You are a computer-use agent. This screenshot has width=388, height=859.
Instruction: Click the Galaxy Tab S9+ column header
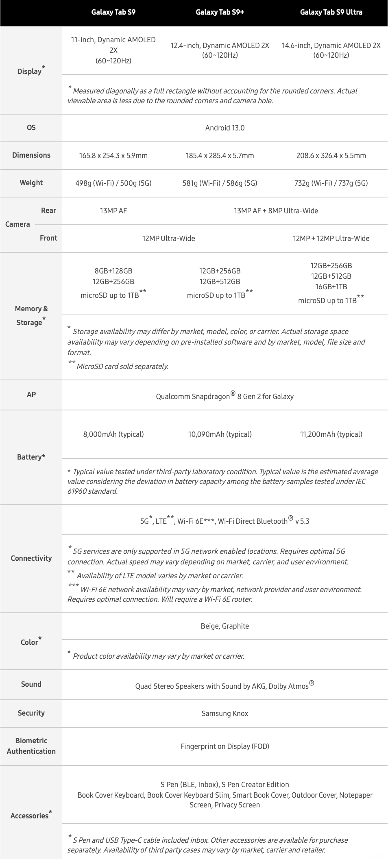[x=220, y=12]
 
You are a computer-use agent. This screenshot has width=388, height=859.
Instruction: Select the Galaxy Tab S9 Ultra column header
[x=331, y=12]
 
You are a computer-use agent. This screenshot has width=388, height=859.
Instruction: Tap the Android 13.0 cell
[x=225, y=128]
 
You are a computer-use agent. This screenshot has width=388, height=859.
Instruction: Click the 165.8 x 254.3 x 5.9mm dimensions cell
[x=113, y=156]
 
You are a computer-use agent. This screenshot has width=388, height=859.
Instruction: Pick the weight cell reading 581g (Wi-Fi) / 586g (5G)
[x=220, y=183]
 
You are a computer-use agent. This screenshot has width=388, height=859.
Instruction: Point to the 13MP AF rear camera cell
[x=113, y=211]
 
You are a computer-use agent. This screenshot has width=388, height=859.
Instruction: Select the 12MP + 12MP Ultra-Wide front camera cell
[x=331, y=239]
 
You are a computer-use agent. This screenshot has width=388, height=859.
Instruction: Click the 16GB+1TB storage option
[x=331, y=287]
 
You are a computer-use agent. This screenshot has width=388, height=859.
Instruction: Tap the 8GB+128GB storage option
[x=113, y=271]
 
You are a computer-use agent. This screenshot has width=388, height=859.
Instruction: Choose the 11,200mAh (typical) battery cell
[x=331, y=434]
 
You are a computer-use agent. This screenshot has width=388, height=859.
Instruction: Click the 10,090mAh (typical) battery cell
[x=220, y=434]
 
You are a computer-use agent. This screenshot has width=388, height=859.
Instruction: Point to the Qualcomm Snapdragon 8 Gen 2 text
[x=225, y=396]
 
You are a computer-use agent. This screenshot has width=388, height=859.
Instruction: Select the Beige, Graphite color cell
[x=225, y=626]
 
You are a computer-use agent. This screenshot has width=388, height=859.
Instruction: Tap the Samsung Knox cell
[x=225, y=714]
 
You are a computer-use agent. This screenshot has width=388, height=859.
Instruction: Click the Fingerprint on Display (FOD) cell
[x=225, y=746]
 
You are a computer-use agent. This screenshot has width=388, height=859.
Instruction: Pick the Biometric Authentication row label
[x=31, y=746]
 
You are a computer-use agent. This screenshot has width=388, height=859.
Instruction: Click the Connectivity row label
[x=31, y=558]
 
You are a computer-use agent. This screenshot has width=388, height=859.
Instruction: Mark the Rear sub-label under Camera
[x=48, y=210]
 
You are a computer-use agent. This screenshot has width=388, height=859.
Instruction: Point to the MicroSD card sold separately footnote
[x=122, y=367]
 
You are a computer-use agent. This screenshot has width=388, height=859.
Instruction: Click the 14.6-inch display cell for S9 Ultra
[x=331, y=50]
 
